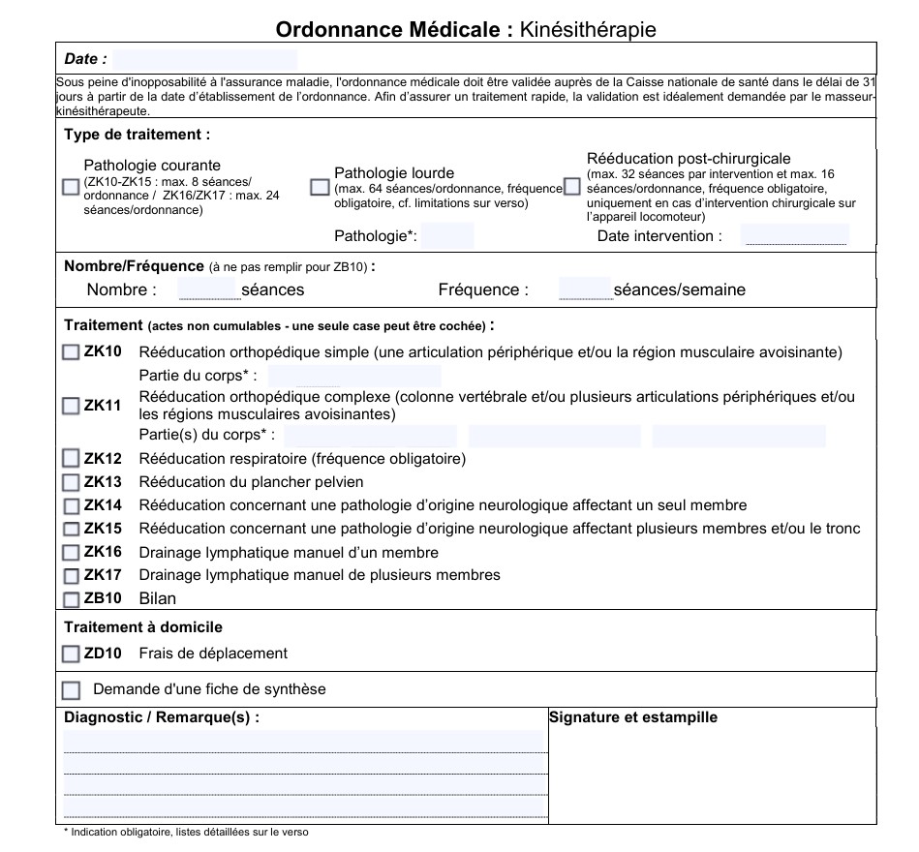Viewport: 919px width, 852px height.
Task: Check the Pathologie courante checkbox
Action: [x=70, y=187]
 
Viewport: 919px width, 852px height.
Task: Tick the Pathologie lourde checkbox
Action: [x=320, y=187]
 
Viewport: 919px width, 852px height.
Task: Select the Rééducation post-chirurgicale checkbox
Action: [x=572, y=186]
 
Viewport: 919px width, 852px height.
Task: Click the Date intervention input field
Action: [x=794, y=235]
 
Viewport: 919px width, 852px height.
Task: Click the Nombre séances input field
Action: [x=207, y=289]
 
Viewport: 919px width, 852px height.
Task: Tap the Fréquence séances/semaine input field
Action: [x=585, y=289]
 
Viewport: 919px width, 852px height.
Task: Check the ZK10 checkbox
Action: [x=71, y=352]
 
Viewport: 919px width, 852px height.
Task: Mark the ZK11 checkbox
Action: [x=71, y=406]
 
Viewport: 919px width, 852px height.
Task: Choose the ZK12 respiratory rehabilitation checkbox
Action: [x=71, y=459]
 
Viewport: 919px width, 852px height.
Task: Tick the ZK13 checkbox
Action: [x=71, y=482]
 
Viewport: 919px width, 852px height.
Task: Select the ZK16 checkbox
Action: [x=71, y=553]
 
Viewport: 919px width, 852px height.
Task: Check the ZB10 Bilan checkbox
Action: [x=71, y=598]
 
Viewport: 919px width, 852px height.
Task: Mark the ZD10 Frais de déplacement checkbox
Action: [x=71, y=654]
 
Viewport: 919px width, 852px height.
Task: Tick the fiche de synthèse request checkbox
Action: [x=71, y=690]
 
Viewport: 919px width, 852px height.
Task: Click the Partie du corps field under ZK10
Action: [x=353, y=376]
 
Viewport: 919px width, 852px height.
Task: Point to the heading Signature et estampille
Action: [x=633, y=717]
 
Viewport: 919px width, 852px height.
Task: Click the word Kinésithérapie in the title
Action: [x=588, y=30]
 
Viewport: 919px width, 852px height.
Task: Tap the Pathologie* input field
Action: [x=447, y=235]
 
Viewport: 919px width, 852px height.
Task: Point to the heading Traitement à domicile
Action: [x=143, y=627]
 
